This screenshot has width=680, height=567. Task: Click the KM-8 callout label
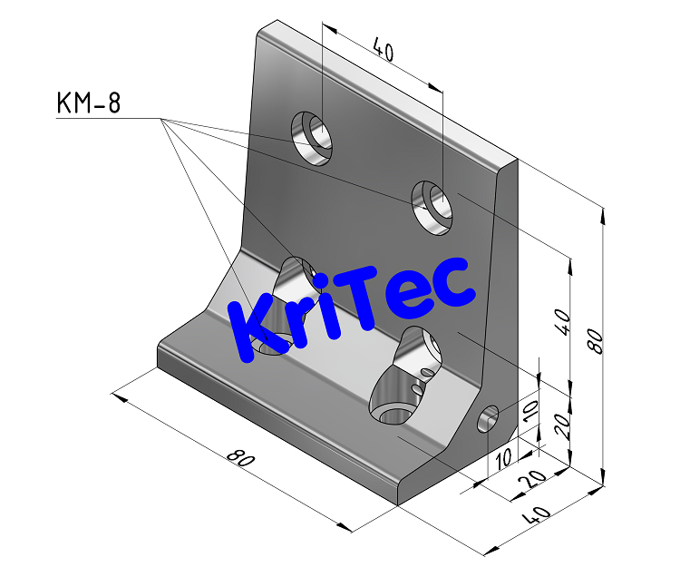point(88,103)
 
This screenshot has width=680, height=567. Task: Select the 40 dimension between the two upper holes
point(383,52)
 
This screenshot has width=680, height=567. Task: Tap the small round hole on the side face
point(489,418)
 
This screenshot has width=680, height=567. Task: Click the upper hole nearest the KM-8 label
point(312,139)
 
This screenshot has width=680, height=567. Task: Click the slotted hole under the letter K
point(286,304)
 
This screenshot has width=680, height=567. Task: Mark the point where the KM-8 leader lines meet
point(162,119)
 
